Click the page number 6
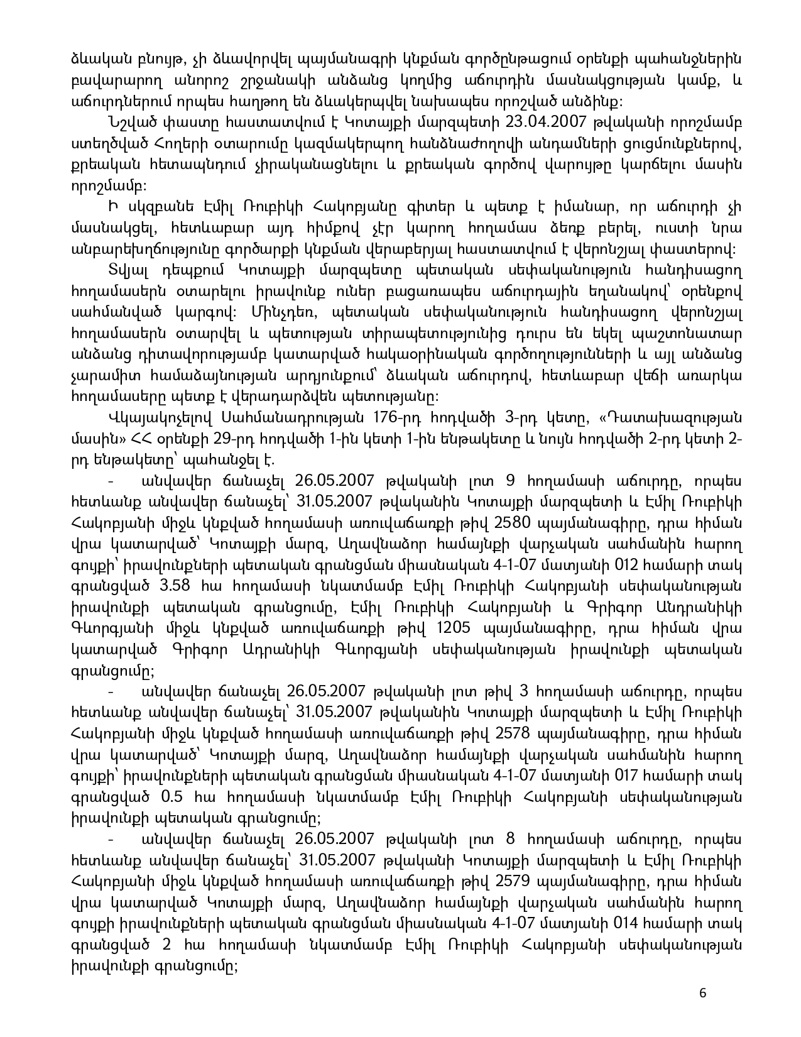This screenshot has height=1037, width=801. (x=702, y=993)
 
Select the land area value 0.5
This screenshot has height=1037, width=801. (x=173, y=797)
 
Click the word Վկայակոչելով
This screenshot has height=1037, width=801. (x=161, y=418)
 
